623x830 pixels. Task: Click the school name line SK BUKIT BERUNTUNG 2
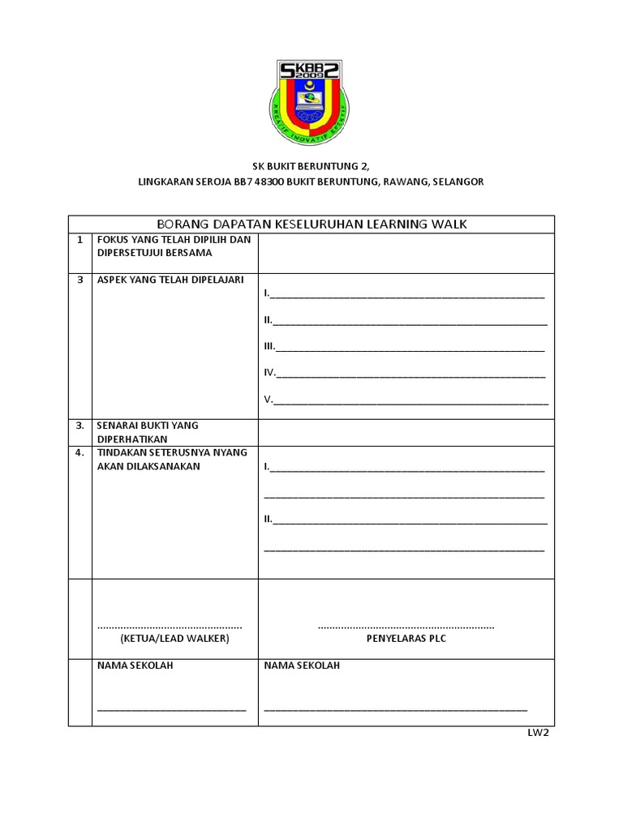click(311, 165)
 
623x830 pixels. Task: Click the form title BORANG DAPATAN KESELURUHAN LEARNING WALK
click(311, 224)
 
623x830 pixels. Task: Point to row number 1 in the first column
click(79, 240)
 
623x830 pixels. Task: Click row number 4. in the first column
click(79, 453)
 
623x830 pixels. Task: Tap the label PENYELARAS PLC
click(406, 639)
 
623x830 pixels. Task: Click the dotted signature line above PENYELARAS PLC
click(406, 627)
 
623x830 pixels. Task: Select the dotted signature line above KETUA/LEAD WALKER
click(170, 627)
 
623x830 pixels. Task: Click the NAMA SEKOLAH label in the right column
click(302, 665)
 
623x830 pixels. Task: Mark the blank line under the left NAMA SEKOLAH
click(171, 709)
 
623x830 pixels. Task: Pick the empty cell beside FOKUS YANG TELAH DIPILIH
click(406, 253)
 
